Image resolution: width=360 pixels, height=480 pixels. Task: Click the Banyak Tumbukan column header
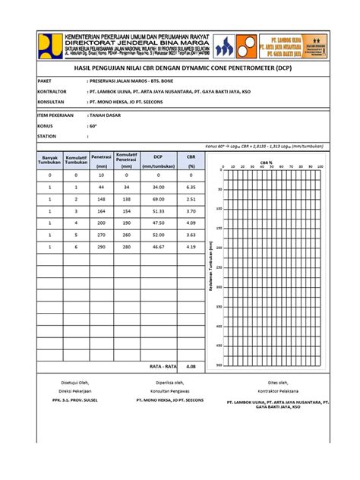(50, 160)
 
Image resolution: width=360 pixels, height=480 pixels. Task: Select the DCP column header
(158, 157)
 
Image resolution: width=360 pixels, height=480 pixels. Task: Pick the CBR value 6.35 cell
(191, 187)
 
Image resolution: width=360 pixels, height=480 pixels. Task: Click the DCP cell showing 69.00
(158, 199)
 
